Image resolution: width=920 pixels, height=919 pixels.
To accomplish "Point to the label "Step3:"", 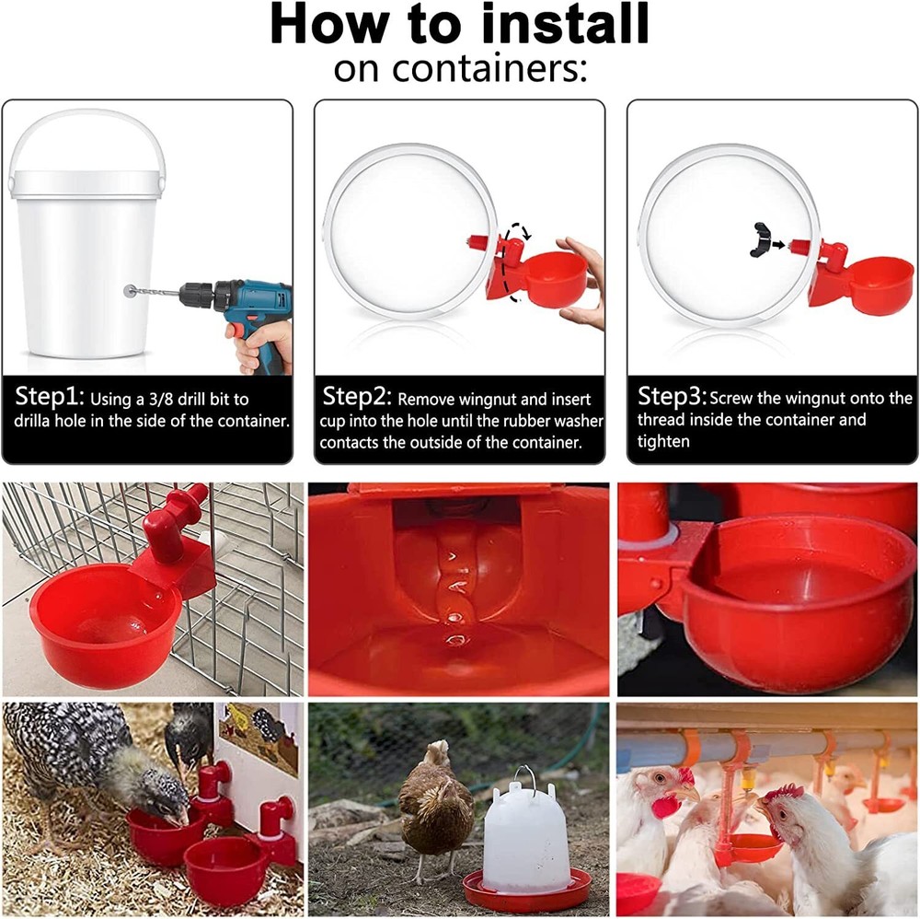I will tap(672, 398).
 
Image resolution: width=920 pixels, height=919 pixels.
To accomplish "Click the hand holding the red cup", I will tap(584, 281).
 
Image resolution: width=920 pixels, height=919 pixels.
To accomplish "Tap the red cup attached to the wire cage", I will tap(106, 626).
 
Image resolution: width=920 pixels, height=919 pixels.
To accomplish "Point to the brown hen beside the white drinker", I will tap(437, 806).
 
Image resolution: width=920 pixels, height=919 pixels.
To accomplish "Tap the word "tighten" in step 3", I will tap(662, 441).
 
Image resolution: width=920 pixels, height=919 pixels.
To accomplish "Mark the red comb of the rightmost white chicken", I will tap(783, 792).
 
